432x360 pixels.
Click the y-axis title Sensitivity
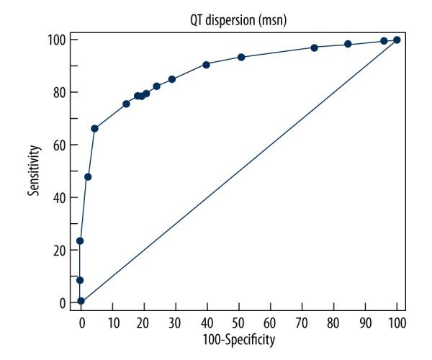click(x=34, y=171)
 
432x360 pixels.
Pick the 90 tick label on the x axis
click(x=365, y=319)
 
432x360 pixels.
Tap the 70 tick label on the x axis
click(x=302, y=319)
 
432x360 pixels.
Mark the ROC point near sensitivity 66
click(x=94, y=128)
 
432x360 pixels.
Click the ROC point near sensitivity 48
click(x=88, y=176)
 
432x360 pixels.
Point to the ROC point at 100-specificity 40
click(x=207, y=64)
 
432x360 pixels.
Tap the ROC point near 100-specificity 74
click(x=315, y=48)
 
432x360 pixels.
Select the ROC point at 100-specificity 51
click(x=241, y=57)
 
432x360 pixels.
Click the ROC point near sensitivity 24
click(x=80, y=240)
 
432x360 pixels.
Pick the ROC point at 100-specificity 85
click(x=348, y=44)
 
